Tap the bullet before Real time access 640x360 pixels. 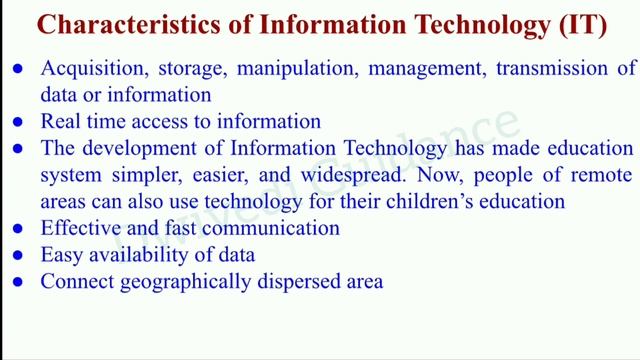pos(19,123)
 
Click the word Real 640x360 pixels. pos(59,122)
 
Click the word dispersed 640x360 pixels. pos(289,283)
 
